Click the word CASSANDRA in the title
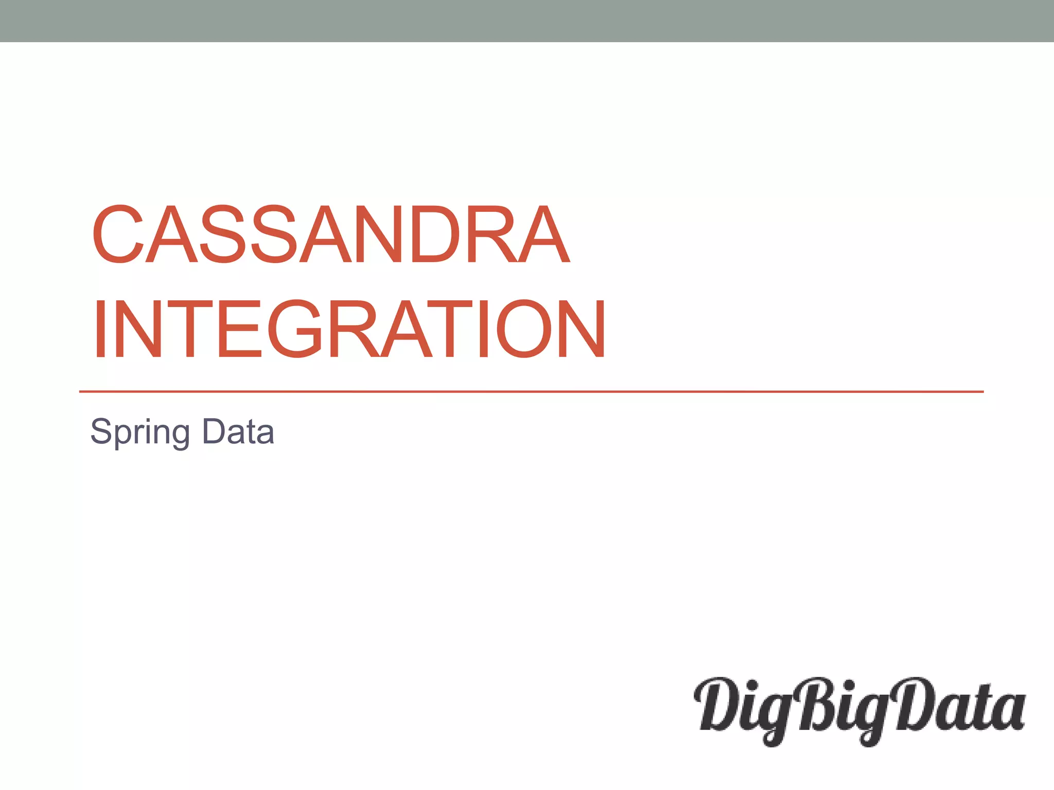point(331,234)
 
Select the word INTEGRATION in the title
point(349,329)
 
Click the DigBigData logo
point(859,710)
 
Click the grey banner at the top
point(527,21)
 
